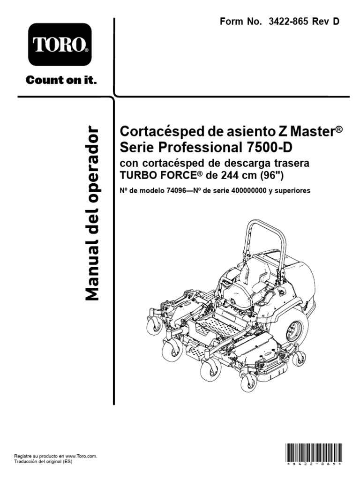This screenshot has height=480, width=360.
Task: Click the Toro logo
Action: [60, 44]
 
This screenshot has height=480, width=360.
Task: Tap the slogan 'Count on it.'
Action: [61, 80]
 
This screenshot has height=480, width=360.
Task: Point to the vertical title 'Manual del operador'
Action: [92, 213]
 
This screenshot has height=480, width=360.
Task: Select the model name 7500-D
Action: [269, 147]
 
